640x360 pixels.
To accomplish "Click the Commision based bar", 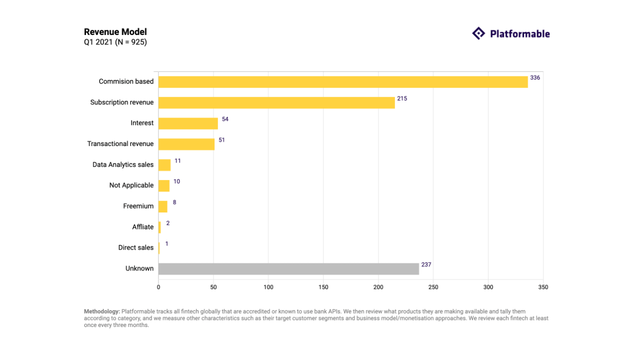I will pos(343,82).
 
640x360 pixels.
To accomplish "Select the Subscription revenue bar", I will pos(276,102).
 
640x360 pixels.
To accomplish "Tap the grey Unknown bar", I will pos(288,269).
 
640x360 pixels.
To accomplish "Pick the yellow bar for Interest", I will pos(188,123).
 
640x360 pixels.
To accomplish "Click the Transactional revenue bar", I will pos(186,144).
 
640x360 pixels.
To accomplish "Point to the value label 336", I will pos(535,78).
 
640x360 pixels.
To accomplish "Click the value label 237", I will pos(426,264).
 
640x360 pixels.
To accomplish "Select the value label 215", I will pos(402,98).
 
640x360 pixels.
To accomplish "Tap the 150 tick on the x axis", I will pos(323,287).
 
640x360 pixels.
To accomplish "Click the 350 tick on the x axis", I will pos(543,287).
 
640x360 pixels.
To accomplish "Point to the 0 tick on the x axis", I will pos(158,287).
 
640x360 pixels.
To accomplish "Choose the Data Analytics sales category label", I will pos(123,164).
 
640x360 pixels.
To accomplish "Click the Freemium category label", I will pos(138,206).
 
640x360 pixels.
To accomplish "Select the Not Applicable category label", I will pos(131,185).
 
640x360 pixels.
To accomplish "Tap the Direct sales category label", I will pos(136,247).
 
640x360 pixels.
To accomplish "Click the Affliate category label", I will pos(143,227).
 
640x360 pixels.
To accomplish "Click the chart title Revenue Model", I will pos(115,32).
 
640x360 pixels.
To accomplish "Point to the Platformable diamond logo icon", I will pos(478,33).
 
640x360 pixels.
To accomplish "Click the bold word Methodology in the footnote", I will pos(102,311).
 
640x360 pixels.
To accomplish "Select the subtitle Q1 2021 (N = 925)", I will pos(115,42).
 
